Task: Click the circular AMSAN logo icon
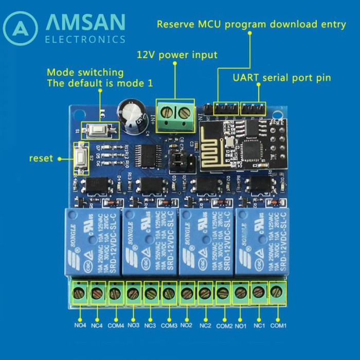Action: [21, 28]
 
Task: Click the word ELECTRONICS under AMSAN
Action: [85, 39]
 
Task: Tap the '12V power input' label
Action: [177, 55]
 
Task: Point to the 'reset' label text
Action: [41, 158]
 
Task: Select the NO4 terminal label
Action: [80, 325]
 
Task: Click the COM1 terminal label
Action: [278, 325]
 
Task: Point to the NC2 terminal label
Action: [205, 325]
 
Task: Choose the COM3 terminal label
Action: [169, 325]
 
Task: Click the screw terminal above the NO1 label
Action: [241, 293]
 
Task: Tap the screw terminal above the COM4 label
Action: [115, 293]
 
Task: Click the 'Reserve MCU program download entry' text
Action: [251, 24]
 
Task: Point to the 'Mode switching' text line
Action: [85, 72]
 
